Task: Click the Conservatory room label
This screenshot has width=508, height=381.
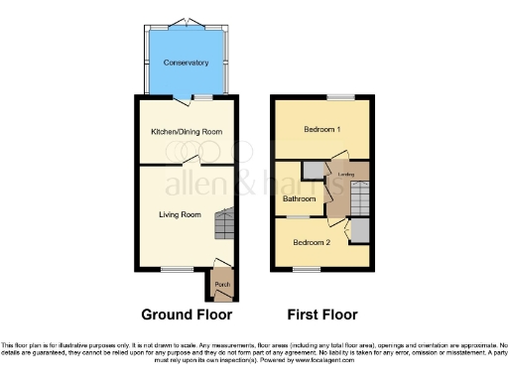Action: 187,63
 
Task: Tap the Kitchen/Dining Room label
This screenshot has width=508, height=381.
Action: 187,131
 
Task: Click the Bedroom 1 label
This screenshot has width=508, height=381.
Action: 321,130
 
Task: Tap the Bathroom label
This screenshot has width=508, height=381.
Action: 300,198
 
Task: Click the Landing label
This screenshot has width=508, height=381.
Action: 346,175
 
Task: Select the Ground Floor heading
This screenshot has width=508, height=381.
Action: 187,315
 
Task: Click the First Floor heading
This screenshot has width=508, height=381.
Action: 322,315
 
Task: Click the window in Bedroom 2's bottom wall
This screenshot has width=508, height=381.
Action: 307,269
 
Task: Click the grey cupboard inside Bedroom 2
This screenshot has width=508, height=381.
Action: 361,230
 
